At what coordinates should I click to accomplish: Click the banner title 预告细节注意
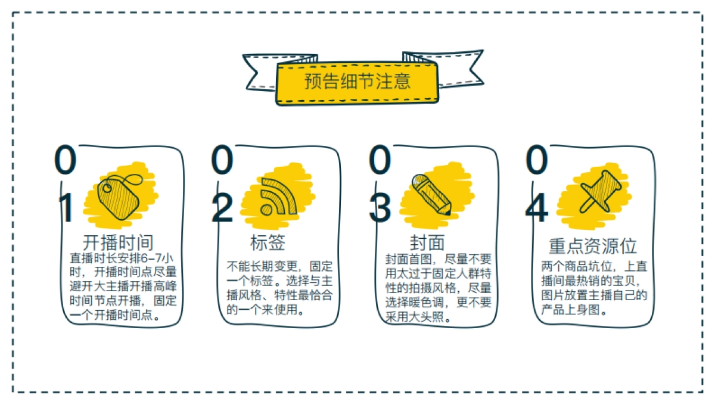coord(357,81)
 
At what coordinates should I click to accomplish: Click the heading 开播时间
coord(118,243)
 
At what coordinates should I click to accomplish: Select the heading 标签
coord(268,243)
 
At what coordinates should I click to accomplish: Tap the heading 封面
coord(427,243)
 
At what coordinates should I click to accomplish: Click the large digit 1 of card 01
coord(67,208)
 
